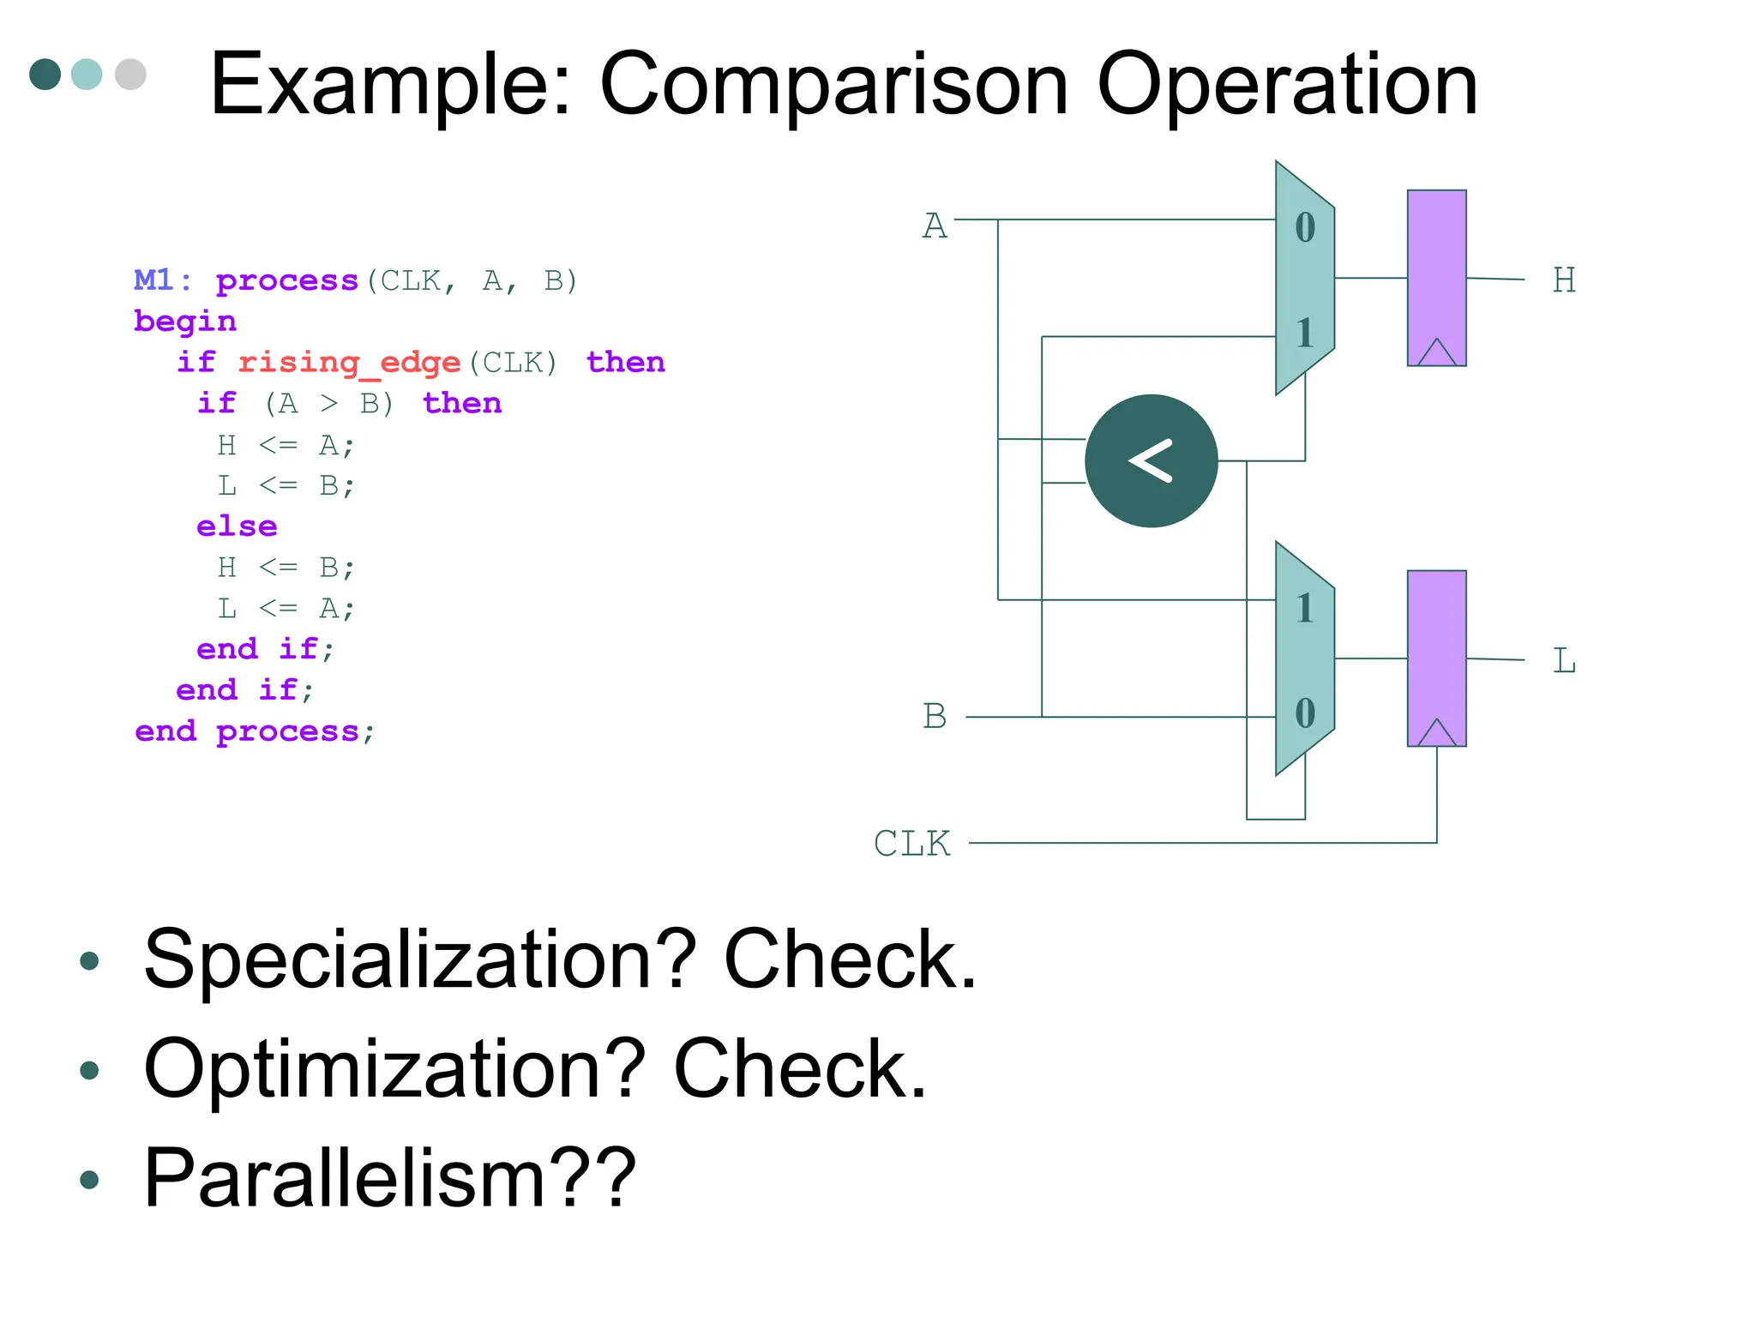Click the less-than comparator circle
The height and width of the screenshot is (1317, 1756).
1151,460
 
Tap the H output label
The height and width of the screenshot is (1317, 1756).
1564,280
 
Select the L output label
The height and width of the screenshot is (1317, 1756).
1564,661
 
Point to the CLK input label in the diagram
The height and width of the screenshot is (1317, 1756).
911,844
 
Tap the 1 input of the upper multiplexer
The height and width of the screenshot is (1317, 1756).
1305,333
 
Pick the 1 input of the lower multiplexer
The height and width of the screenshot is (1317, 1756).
1305,608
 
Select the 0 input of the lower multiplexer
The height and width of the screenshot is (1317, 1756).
1305,713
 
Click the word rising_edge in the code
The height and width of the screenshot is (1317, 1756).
349,363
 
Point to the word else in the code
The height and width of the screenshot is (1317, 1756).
237,526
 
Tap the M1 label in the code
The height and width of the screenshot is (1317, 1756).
154,280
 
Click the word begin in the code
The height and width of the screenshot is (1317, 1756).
185,321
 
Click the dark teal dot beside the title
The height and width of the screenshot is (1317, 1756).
45,74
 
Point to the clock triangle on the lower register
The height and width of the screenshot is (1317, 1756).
1437,733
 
